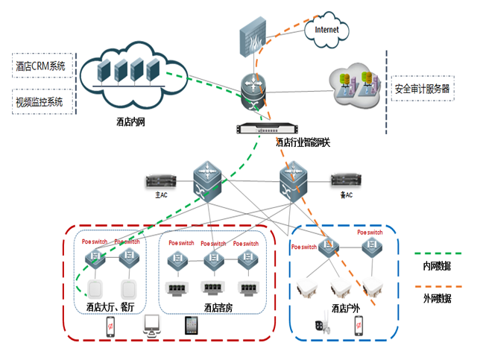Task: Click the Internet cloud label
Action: click(x=326, y=30)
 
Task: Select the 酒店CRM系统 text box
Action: click(x=42, y=66)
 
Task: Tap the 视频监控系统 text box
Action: click(x=40, y=101)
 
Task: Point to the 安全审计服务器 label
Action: click(x=423, y=88)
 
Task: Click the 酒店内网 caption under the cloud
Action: click(x=130, y=121)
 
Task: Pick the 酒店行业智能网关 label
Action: click(x=306, y=142)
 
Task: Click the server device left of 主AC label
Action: click(x=162, y=181)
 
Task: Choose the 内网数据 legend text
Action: click(x=437, y=266)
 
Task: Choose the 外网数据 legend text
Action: click(x=437, y=298)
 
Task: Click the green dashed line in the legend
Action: click(x=435, y=253)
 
